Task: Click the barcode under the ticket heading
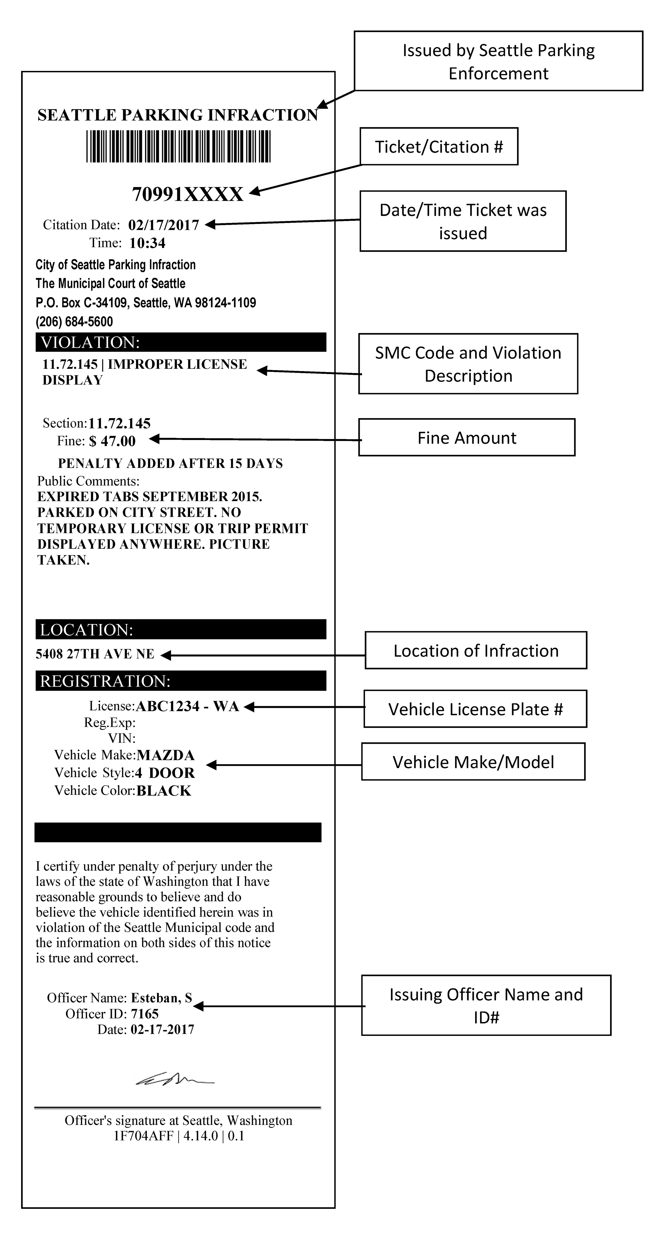178,146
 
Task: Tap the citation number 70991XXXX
187,195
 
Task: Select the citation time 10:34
147,243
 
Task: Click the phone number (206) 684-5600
74,322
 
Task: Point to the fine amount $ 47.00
112,441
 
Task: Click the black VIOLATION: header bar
181,342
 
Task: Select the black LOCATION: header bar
181,629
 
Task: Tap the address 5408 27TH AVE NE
95,654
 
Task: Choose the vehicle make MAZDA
166,755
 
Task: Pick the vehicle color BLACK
164,791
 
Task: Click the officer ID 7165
145,1014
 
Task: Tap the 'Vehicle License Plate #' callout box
475,709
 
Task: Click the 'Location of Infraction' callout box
476,651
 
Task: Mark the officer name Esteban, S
162,998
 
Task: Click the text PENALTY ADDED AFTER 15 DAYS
170,463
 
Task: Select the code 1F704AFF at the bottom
143,1136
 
